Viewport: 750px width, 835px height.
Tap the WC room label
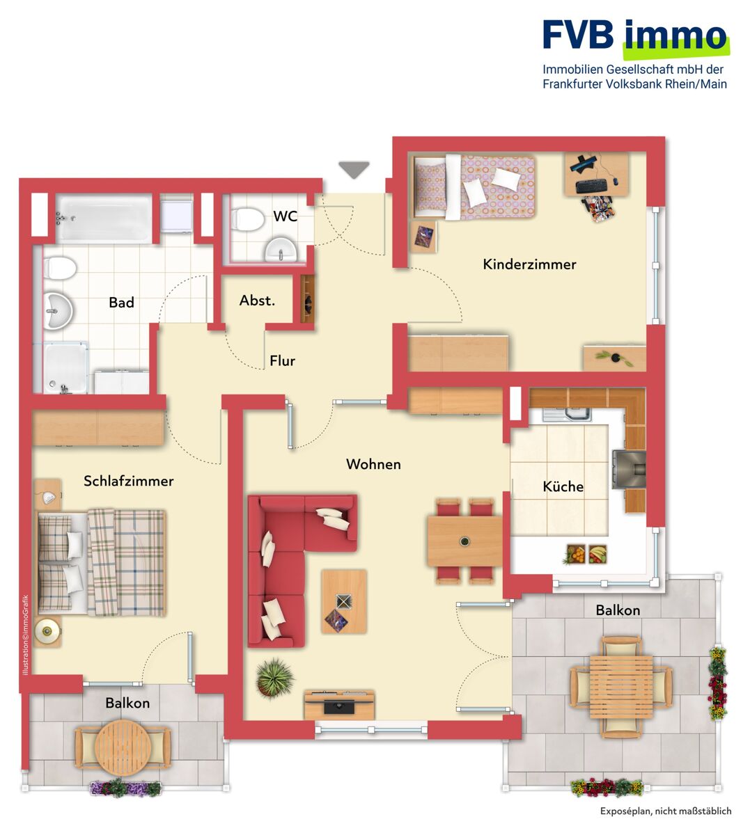[x=285, y=216]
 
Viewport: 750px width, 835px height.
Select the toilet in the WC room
[x=247, y=220]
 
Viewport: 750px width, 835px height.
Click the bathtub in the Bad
[x=104, y=218]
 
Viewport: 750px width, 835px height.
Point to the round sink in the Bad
[x=58, y=311]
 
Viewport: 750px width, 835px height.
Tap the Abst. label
[x=257, y=301]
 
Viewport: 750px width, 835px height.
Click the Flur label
[x=282, y=360]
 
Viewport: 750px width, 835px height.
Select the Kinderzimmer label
[x=529, y=264]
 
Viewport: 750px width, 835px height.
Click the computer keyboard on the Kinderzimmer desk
[x=591, y=186]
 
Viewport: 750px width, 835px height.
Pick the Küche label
[x=563, y=486]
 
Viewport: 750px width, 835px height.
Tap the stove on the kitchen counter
[x=629, y=470]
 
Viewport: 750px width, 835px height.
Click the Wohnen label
[x=373, y=464]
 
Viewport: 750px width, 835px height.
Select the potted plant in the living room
[x=275, y=678]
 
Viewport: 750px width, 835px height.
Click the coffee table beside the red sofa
[x=344, y=602]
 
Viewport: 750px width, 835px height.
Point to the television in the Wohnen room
[x=339, y=706]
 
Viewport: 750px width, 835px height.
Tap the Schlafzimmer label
[x=128, y=481]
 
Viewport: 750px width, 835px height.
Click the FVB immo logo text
[x=634, y=36]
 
